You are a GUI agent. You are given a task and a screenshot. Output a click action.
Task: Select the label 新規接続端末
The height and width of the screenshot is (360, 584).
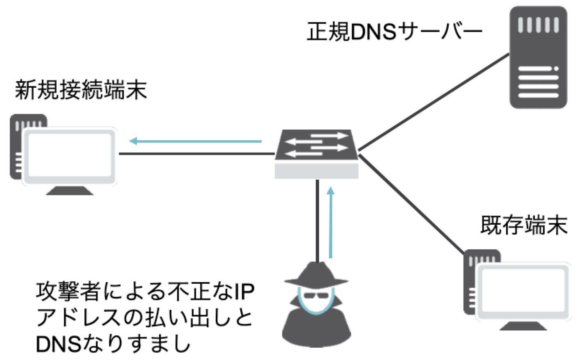coord(81,90)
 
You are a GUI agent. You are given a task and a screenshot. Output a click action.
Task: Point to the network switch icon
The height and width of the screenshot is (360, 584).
coord(316,153)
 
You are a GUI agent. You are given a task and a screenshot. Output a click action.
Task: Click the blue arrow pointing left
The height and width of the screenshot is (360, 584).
coord(195,141)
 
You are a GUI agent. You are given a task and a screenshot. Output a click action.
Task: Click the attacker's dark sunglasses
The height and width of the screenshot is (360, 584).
coord(316,295)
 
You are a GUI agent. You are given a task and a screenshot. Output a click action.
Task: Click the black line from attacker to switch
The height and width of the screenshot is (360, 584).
coord(317,221)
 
